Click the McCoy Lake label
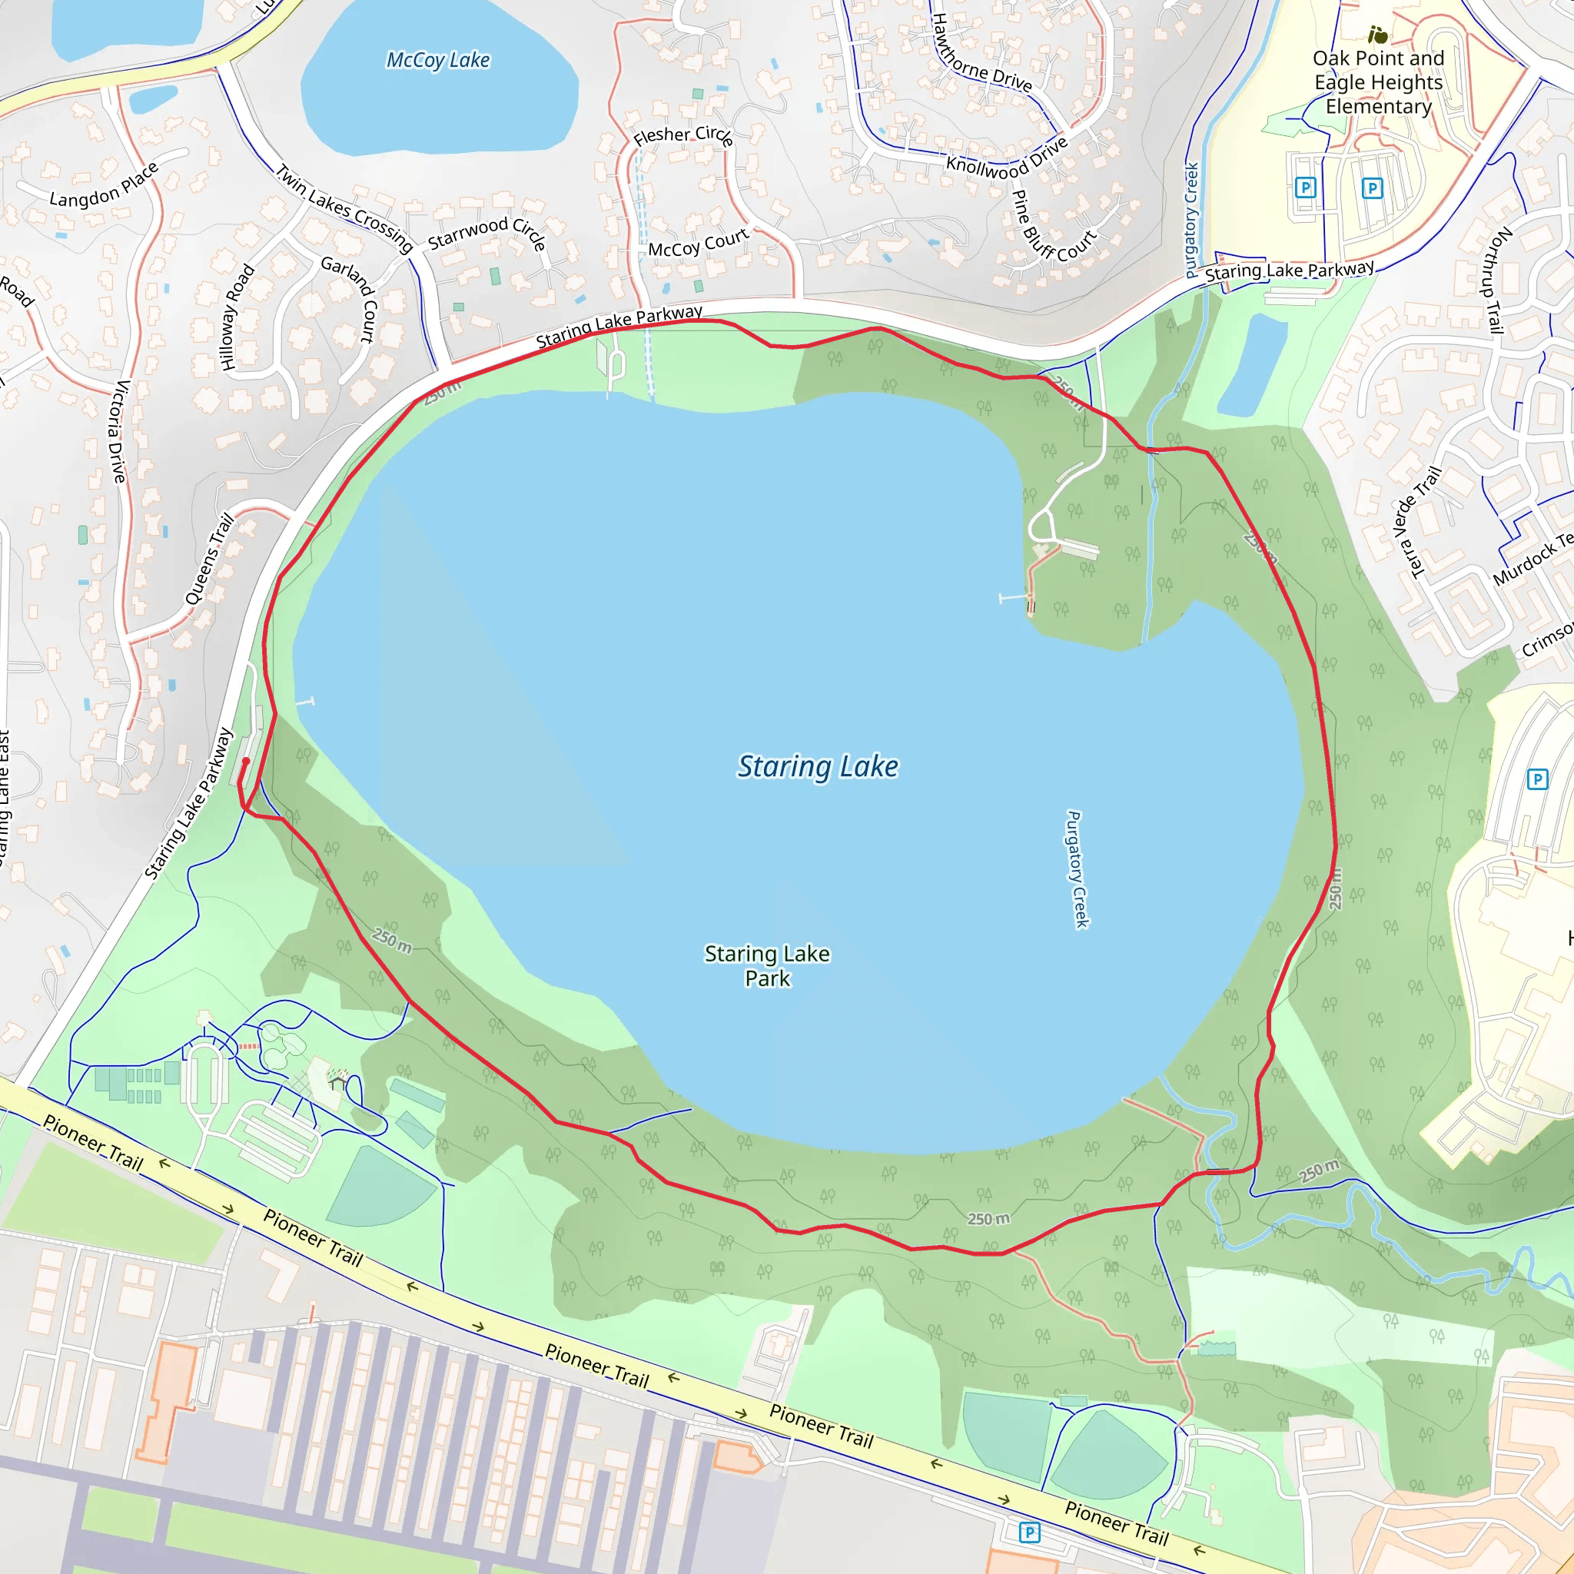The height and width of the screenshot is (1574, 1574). point(437,60)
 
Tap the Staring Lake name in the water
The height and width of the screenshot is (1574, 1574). point(817,766)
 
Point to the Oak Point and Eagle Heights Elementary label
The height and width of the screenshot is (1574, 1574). point(1378,82)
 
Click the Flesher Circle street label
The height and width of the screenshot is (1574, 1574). point(682,135)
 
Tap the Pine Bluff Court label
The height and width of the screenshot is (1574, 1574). point(1054,228)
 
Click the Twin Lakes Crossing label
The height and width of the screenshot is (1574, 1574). point(344,208)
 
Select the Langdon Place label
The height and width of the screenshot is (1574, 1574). point(104,186)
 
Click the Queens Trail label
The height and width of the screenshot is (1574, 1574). point(209,559)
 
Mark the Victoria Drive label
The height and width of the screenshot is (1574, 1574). point(119,431)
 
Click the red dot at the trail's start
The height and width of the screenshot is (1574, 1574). point(246,761)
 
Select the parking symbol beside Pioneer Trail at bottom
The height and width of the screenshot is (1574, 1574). point(1030,1532)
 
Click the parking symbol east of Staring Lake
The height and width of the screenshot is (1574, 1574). point(1536,779)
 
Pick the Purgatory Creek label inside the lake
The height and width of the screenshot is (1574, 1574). point(1077,868)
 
